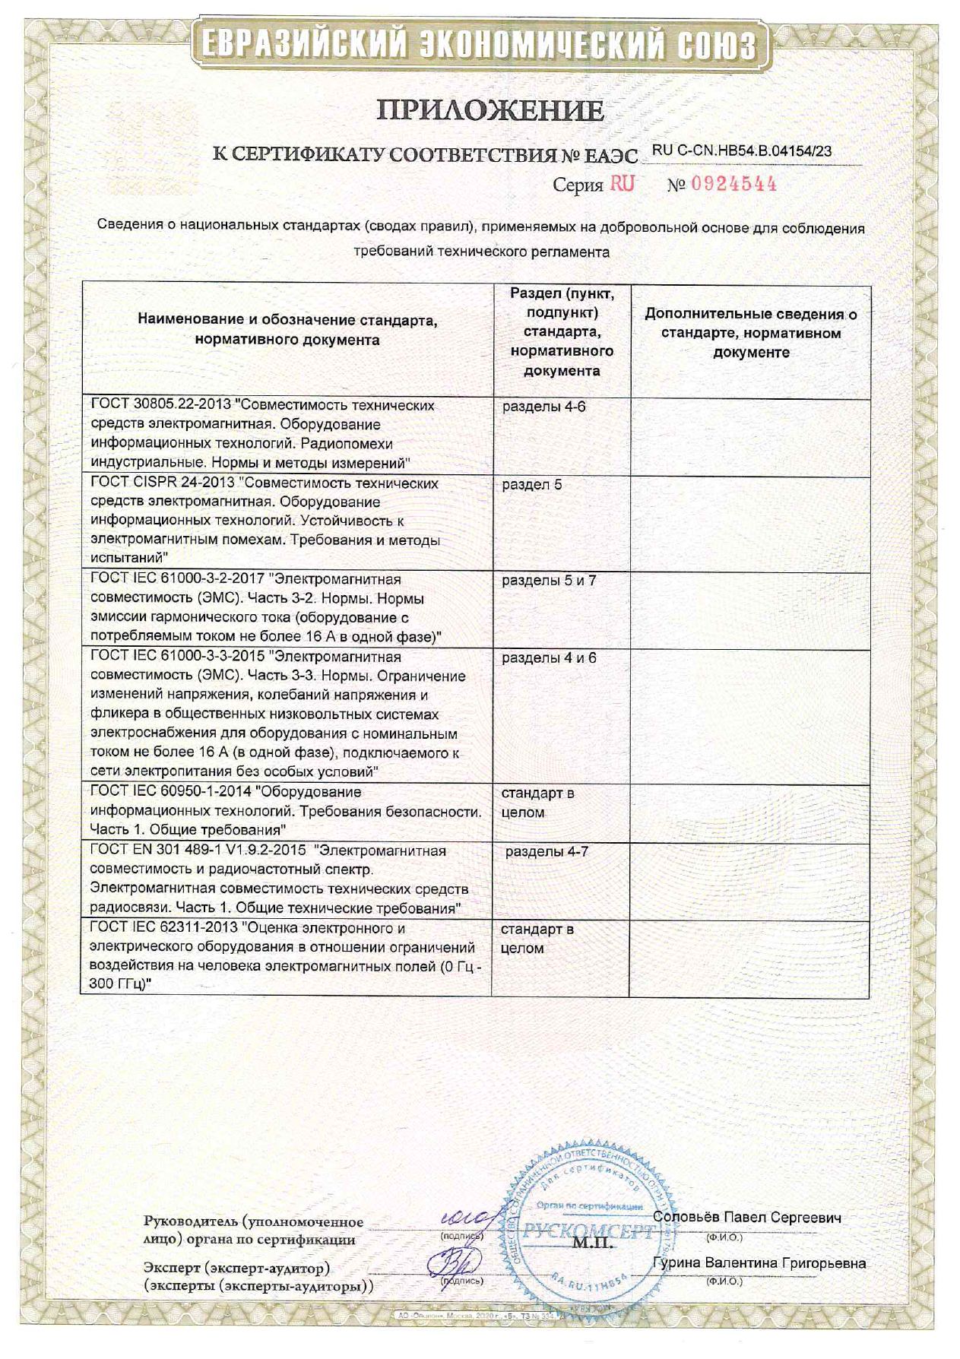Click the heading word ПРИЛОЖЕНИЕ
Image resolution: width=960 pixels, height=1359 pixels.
[x=490, y=112]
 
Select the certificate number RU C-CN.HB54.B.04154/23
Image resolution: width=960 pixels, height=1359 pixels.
[x=742, y=150]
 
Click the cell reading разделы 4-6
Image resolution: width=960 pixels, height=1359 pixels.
[x=543, y=407]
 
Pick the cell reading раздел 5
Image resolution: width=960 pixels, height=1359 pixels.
[x=532, y=484]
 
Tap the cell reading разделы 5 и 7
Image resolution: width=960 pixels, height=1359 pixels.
[x=549, y=581]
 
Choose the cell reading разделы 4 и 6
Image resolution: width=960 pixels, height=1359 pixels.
[x=549, y=658]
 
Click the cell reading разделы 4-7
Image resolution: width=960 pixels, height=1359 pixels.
[x=547, y=851]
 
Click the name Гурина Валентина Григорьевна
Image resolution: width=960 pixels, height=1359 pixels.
[x=759, y=1263]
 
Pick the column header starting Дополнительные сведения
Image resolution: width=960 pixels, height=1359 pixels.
[x=750, y=333]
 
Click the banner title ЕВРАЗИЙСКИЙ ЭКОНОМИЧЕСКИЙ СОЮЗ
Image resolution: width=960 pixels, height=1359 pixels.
[x=479, y=44]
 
